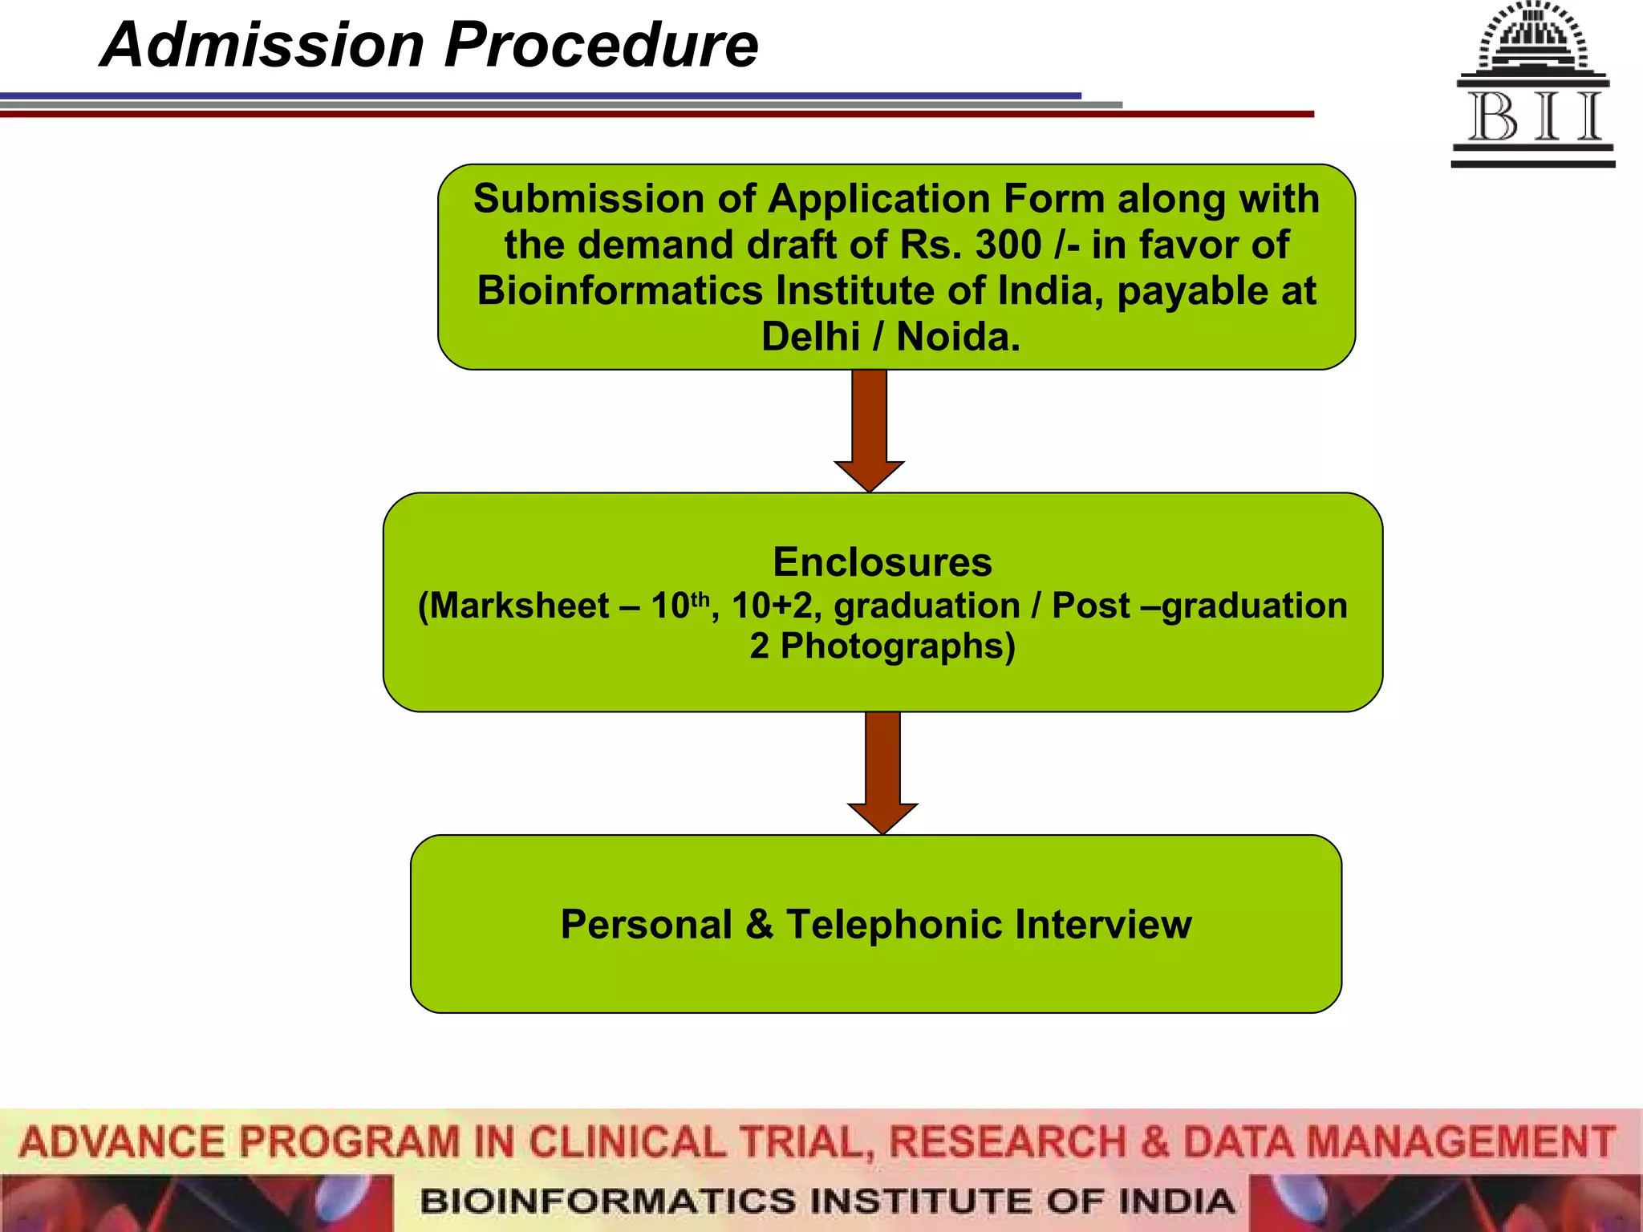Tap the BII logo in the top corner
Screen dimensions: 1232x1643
1533,85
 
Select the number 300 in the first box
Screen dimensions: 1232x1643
1008,245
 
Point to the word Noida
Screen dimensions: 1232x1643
958,337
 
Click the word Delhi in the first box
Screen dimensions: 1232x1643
810,337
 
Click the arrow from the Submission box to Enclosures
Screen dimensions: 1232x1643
869,430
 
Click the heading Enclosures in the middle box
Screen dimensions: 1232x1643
882,561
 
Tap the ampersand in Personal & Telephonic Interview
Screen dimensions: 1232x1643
759,924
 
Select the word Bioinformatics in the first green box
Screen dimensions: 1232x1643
620,290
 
